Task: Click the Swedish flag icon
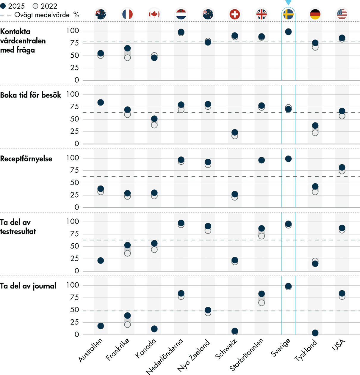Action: [288, 14]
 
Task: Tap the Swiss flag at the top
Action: [235, 14]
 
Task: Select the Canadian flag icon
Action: [154, 14]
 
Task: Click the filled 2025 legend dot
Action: [3, 6]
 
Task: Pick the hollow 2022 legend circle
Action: [35, 6]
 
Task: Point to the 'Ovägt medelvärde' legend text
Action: [42, 15]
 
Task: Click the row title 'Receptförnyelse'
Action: [26, 159]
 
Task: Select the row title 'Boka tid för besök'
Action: [31, 95]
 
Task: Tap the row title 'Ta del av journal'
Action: [28, 286]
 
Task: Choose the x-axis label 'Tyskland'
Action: [306, 351]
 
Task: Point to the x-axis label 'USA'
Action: [339, 345]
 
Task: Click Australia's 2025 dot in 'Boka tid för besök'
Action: [101, 103]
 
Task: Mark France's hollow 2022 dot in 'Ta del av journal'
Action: [127, 324]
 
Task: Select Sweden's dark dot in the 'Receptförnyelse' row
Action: [288, 159]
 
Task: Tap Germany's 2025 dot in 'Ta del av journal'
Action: [315, 333]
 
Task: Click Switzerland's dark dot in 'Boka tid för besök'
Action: [235, 132]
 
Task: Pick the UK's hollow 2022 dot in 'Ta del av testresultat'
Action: [262, 236]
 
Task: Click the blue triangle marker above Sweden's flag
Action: [288, 3]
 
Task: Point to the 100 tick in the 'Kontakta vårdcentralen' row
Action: [73, 31]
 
